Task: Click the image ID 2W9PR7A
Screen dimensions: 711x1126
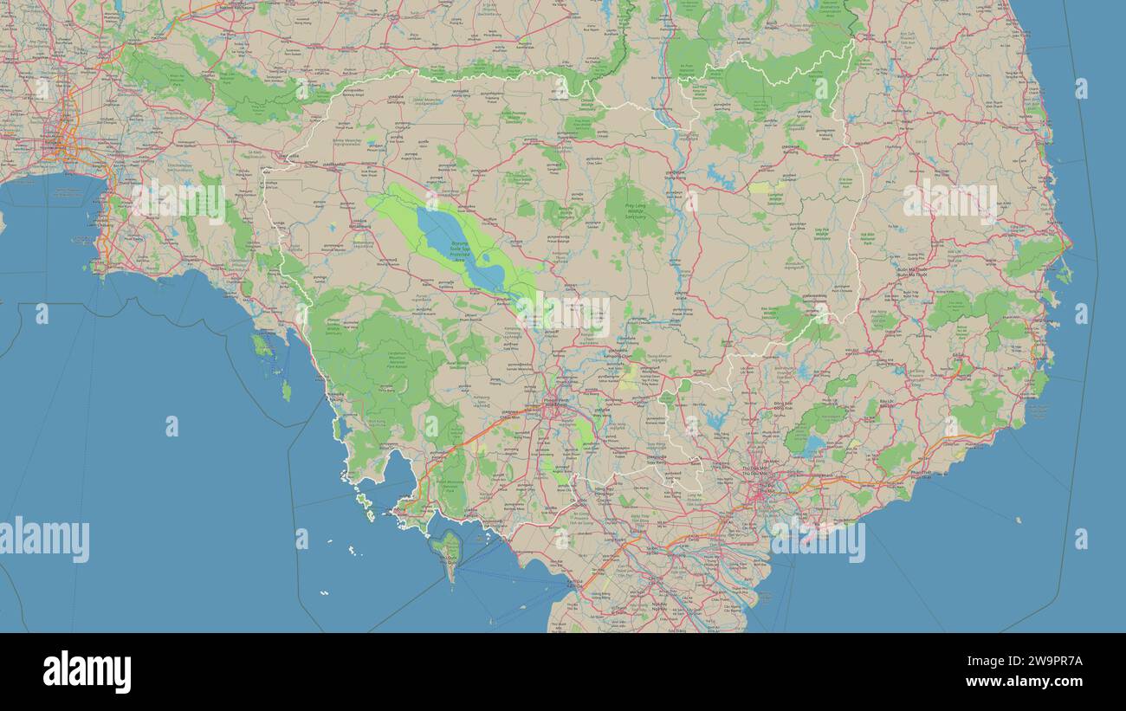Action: tap(1039, 662)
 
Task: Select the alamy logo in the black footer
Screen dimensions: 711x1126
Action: tap(87, 672)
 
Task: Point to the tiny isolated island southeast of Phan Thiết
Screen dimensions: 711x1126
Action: tap(1019, 520)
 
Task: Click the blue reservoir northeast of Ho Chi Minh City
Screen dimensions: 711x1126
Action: tap(812, 446)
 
